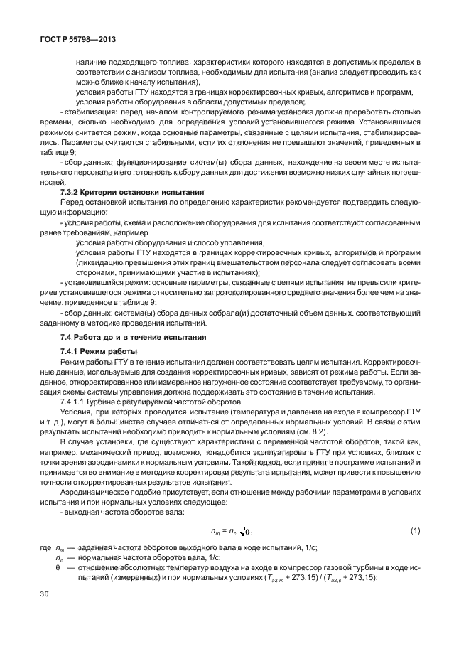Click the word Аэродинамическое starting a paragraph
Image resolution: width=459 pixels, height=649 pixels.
click(96, 492)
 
